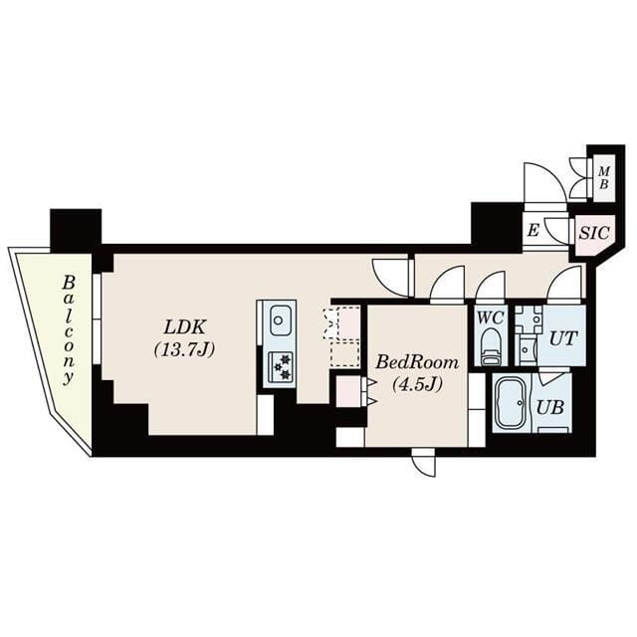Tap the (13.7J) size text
coord(185,349)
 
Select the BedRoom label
coord(417,363)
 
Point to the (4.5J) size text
coord(417,383)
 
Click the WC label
coord(490,318)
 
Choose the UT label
coord(562,337)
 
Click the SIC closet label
coord(593,233)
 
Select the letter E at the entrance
coord(533,231)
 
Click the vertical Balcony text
coord(69,329)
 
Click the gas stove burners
coord(280,366)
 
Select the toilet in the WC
coord(490,346)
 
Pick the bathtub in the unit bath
coord(512,404)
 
